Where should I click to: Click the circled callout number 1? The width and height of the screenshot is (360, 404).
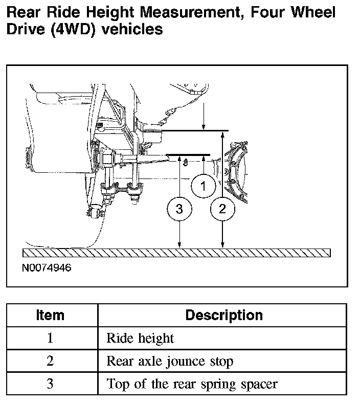pyautogui.click(x=204, y=186)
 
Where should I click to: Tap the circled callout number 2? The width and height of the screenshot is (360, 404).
pyautogui.click(x=222, y=209)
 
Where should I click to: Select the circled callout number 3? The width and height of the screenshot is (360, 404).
pyautogui.click(x=179, y=209)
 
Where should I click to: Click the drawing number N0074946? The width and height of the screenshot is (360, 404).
pyautogui.click(x=47, y=267)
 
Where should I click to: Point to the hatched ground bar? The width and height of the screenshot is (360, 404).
pyautogui.click(x=176, y=253)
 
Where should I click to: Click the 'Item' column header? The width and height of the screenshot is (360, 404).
pyautogui.click(x=50, y=315)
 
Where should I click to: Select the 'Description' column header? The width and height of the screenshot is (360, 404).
pyautogui.click(x=224, y=315)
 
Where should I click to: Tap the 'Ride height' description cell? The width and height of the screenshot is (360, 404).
pyautogui.click(x=141, y=338)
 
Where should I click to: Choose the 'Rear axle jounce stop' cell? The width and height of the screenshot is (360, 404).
pyautogui.click(x=170, y=361)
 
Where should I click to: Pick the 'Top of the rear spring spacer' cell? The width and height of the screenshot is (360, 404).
pyautogui.click(x=192, y=384)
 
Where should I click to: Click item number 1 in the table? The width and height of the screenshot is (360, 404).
pyautogui.click(x=50, y=338)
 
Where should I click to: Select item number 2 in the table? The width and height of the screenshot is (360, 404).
pyautogui.click(x=50, y=361)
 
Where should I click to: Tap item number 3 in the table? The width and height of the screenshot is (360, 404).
pyautogui.click(x=50, y=384)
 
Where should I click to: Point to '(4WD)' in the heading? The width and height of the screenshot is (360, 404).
pyautogui.click(x=74, y=29)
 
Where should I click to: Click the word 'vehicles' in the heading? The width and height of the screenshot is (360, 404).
pyautogui.click(x=132, y=29)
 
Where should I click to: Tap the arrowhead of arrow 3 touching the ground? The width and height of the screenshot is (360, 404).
pyautogui.click(x=179, y=245)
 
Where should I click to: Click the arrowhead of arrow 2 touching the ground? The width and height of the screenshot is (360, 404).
pyautogui.click(x=222, y=245)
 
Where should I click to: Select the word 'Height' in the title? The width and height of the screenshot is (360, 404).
pyautogui.click(x=110, y=12)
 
